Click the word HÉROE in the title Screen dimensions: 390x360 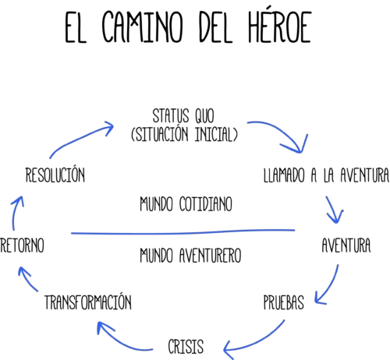coord(280,26)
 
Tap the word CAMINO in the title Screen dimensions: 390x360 coord(143,26)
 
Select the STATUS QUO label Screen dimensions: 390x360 coord(183,116)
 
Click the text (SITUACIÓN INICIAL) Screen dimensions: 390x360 coord(184,134)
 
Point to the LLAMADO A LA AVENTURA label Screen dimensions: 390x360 coord(326,175)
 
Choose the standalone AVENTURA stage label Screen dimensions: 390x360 coord(346,245)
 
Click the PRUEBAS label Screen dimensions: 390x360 coord(284,302)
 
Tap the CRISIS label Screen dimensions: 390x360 coord(186,346)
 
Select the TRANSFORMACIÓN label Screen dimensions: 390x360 coord(88,302)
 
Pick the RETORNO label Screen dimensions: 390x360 coord(22,245)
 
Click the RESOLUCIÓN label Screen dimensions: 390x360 coord(55,174)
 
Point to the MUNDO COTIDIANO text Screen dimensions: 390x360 coord(186,204)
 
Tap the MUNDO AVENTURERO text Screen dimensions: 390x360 coord(190,256)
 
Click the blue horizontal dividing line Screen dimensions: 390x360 coord(183,233)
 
